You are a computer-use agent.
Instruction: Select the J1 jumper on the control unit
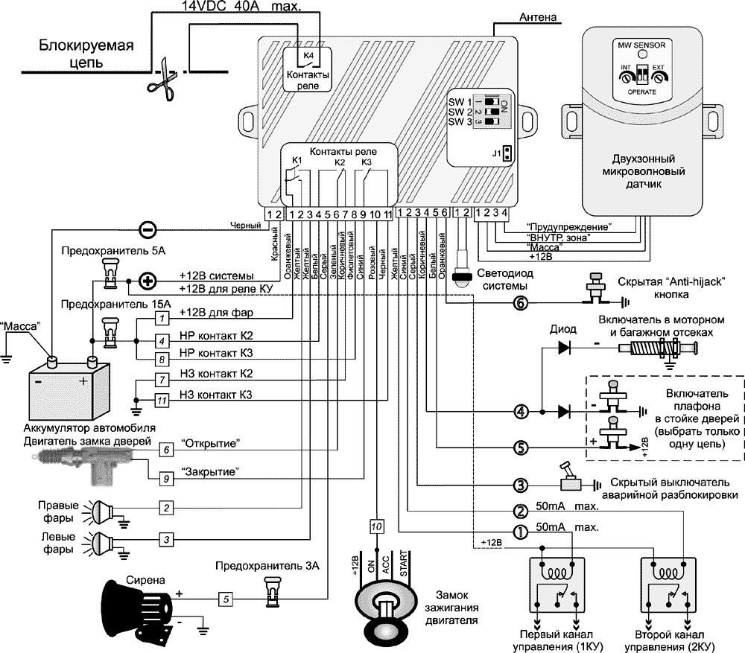[507, 153]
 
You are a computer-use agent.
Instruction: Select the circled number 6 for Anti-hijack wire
[521, 303]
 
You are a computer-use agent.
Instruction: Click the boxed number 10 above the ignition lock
[378, 526]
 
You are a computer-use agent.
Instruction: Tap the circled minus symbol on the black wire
[148, 229]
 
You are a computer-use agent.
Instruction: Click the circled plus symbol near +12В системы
[148, 281]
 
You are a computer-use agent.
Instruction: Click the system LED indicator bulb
[463, 275]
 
